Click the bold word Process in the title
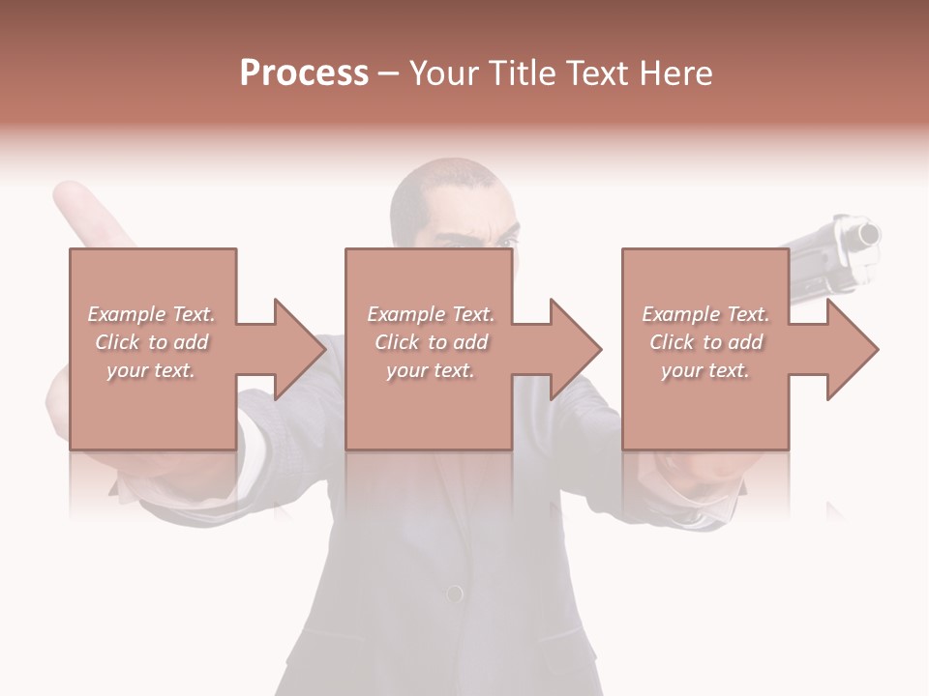(x=304, y=73)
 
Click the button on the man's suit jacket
(x=453, y=594)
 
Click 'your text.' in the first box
(x=150, y=369)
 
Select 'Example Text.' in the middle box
(x=430, y=314)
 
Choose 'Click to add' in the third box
(x=705, y=342)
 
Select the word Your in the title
(x=442, y=73)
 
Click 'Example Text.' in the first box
(x=151, y=314)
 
